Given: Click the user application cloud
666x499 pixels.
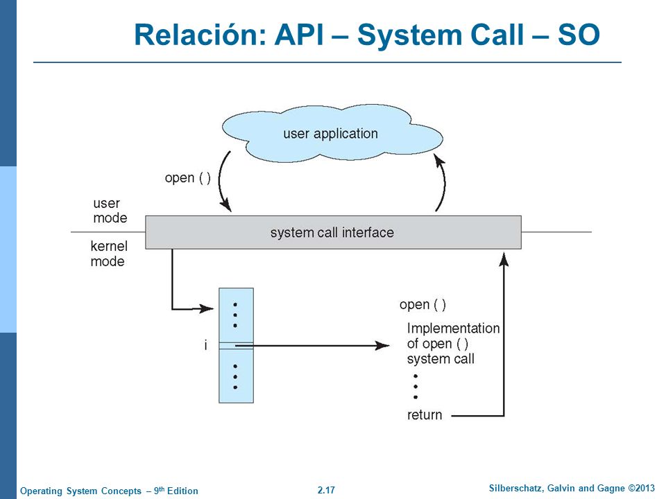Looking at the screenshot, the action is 332,134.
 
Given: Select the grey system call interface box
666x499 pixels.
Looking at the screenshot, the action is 333,232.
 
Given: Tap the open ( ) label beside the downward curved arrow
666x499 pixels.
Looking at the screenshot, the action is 188,178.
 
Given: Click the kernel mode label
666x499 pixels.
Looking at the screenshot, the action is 109,254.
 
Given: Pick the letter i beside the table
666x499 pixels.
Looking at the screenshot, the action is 206,345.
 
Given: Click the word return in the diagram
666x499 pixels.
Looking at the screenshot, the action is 425,414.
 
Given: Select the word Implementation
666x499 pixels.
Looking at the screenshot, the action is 453,328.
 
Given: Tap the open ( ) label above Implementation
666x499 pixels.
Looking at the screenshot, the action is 422,305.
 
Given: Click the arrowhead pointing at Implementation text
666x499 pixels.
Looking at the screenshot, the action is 382,346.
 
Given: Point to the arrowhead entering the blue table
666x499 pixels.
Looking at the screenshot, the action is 207,308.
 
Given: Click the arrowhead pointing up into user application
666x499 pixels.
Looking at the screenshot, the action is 439,160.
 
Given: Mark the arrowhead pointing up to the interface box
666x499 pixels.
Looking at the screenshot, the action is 504,259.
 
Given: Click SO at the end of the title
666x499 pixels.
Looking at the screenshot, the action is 579,35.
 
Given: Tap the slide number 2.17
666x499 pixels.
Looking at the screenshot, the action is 326,490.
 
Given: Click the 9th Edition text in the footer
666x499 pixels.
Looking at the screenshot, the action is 176,491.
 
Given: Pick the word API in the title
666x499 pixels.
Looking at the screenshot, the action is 300,35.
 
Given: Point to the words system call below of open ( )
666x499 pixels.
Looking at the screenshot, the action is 441,359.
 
